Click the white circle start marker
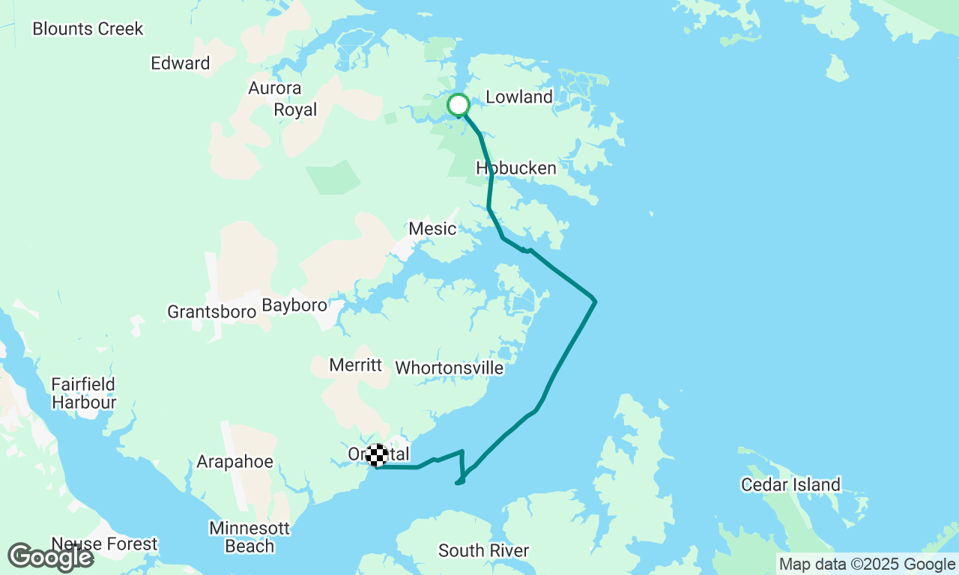pos(458,104)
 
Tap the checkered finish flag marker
pos(378,454)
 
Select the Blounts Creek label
pos(88,29)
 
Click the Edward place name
pos(181,64)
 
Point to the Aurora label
pos(275,88)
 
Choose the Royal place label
pos(295,110)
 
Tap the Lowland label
pos(519,97)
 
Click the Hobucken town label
pos(516,168)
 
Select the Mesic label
pos(432,228)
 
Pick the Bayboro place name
pos(294,305)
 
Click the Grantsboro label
pos(212,311)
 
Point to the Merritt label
pos(356,365)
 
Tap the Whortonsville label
pos(450,368)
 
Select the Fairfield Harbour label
pos(83,394)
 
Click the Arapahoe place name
pos(235,462)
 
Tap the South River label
pos(484,551)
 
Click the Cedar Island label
pos(791,485)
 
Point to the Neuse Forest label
pos(105,544)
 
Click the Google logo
pos(50,558)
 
